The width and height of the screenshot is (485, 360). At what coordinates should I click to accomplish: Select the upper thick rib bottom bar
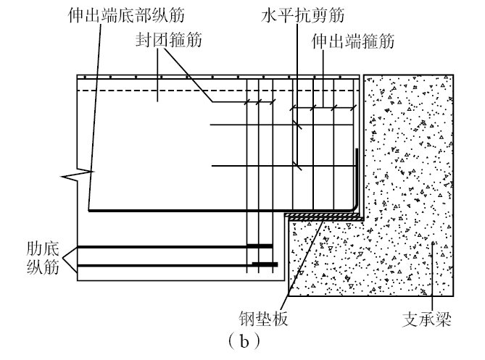(174, 247)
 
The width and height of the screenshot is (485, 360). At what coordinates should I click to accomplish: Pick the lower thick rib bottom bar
(174, 264)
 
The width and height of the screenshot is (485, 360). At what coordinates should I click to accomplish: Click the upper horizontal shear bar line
(254, 126)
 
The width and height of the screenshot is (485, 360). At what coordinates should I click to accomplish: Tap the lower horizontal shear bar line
(254, 167)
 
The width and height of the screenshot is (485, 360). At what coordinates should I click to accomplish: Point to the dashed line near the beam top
(217, 90)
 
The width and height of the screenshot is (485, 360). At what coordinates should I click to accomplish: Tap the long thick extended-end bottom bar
(217, 211)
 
